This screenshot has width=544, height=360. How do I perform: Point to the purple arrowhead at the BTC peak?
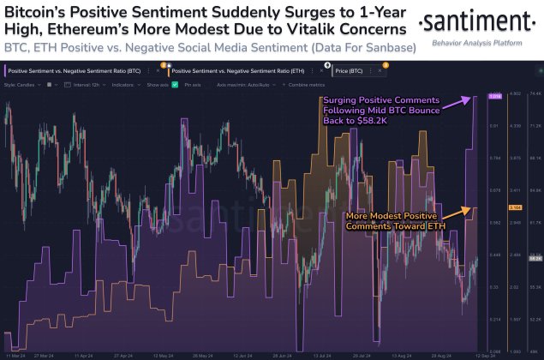[474, 99]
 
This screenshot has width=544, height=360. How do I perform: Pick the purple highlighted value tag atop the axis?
[495, 96]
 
